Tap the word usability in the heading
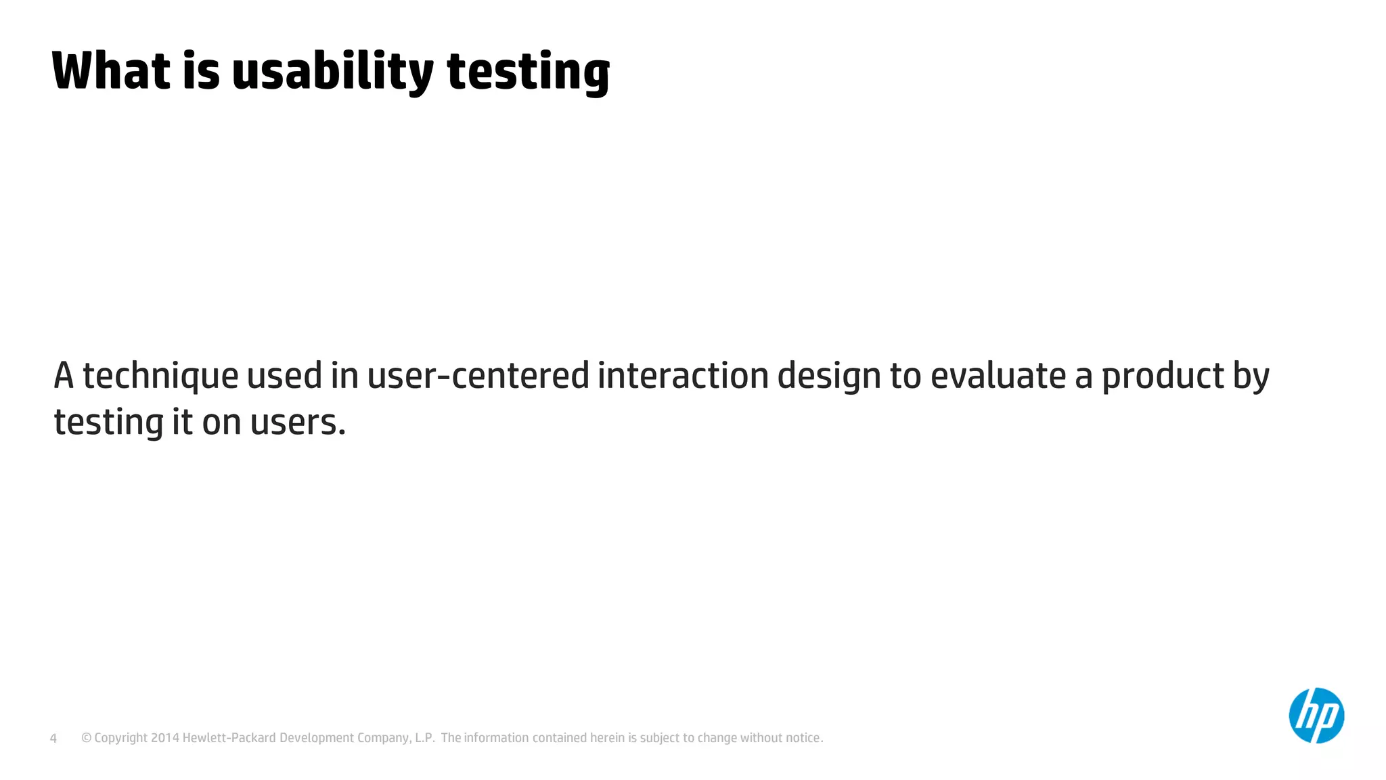pos(332,72)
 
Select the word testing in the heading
pos(528,72)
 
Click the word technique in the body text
pos(160,376)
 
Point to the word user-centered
pos(478,376)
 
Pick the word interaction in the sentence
pos(683,376)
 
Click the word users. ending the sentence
pos(298,422)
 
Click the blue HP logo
pos(1316,716)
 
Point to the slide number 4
pos(53,738)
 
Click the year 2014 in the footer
pos(165,738)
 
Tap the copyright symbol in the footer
pos(86,738)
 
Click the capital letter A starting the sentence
pos(64,376)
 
